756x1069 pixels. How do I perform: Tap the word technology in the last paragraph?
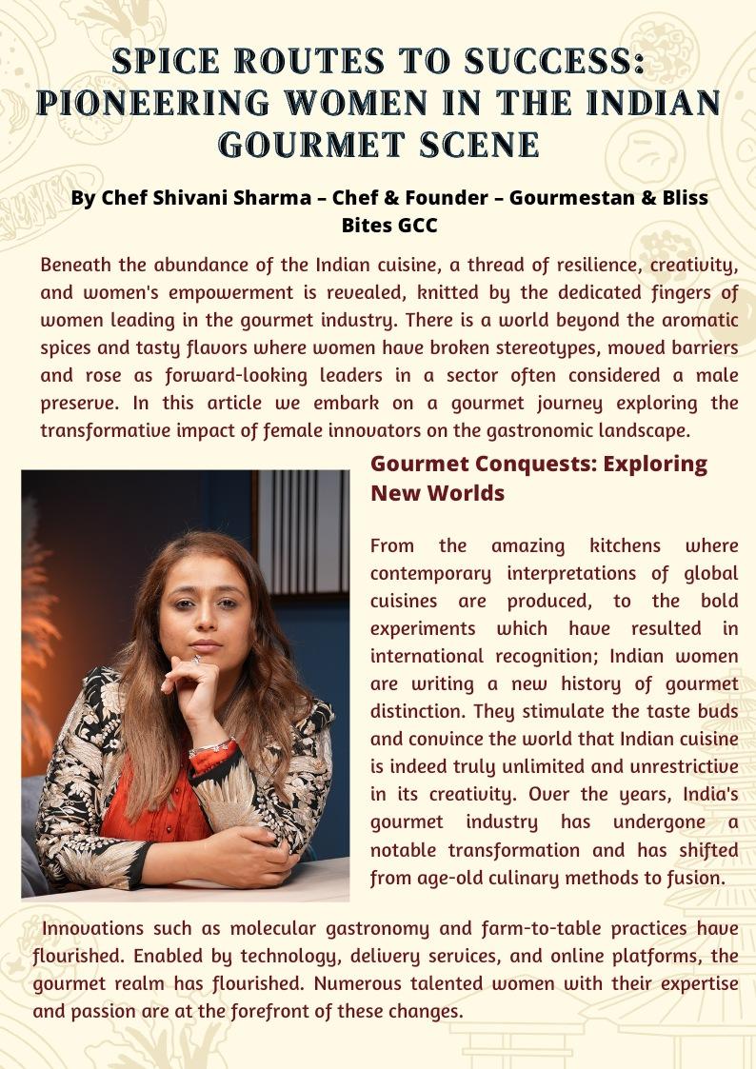click(258, 956)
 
